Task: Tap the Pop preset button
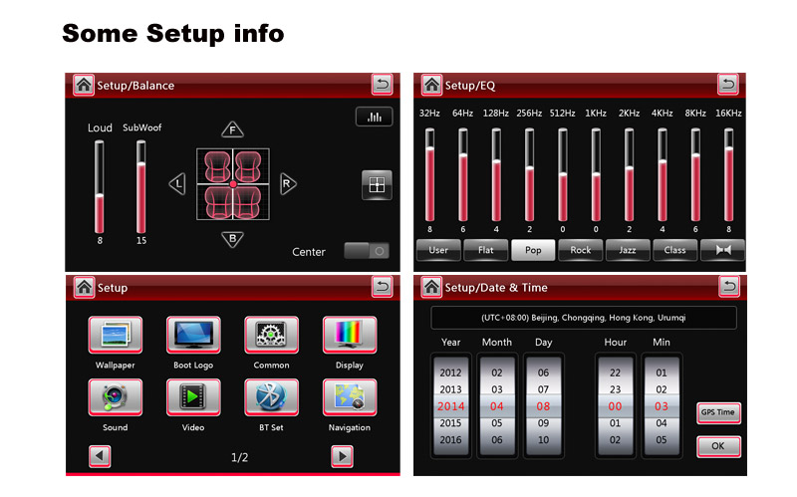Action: pos(533,250)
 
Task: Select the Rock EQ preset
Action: pos(580,250)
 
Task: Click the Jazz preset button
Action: pos(628,250)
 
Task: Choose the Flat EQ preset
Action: pos(485,250)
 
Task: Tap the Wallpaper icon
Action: pos(116,335)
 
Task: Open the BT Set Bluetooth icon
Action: pos(271,396)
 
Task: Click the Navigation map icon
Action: pos(350,396)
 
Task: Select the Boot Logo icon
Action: pos(193,335)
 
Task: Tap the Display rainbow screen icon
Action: pos(350,335)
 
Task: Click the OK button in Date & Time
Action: pos(718,446)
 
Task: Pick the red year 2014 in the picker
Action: pos(451,406)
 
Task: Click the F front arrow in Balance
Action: pos(232,129)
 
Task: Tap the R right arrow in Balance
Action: pos(288,183)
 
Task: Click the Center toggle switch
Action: pos(367,251)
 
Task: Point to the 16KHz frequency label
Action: pos(728,113)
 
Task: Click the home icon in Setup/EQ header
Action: pos(432,85)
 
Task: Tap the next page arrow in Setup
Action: pos(342,456)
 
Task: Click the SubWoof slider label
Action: pos(141,127)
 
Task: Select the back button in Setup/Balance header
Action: pos(382,85)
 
